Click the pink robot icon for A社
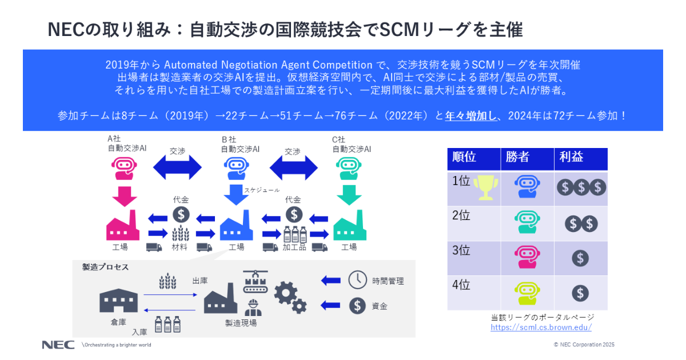pyautogui.click(x=125, y=168)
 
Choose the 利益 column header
pyautogui.click(x=571, y=157)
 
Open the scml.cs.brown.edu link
pyautogui.click(x=541, y=327)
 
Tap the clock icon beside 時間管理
pyautogui.click(x=358, y=279)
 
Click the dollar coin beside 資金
pyautogui.click(x=358, y=305)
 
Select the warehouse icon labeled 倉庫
pyautogui.click(x=118, y=300)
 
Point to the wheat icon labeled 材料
pyautogui.click(x=181, y=234)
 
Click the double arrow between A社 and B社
pyautogui.click(x=177, y=168)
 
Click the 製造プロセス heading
pyautogui.click(x=105, y=267)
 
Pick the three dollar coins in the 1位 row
pyautogui.click(x=580, y=187)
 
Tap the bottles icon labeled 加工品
pyautogui.click(x=294, y=234)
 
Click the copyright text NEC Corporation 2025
pyautogui.click(x=584, y=345)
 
